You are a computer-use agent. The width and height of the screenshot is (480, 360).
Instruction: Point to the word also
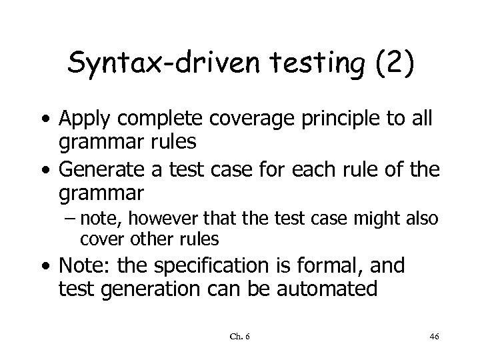423,217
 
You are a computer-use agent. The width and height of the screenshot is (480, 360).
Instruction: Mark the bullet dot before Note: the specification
46,267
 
